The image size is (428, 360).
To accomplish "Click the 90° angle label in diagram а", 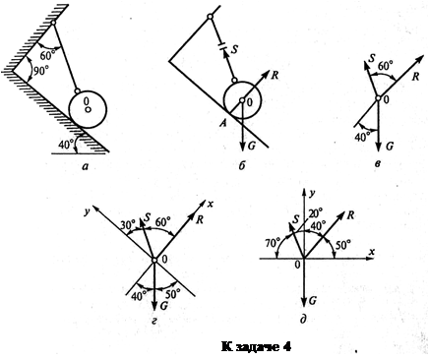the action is [41, 72].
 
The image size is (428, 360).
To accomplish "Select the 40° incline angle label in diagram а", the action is [66, 144].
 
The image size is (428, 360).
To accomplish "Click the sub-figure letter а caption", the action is [87, 166].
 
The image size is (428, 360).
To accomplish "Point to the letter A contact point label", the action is [224, 124].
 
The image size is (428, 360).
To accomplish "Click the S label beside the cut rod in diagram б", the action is [234, 49].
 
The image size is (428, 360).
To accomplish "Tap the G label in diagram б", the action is [252, 146].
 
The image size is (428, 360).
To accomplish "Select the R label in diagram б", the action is [275, 75].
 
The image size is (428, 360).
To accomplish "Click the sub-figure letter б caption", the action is [242, 165].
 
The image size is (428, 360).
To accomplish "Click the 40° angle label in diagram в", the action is [363, 137].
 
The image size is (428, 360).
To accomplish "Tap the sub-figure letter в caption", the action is [378, 163].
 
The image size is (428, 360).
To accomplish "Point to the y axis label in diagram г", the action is [87, 212].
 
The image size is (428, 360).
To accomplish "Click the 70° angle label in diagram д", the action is [273, 244].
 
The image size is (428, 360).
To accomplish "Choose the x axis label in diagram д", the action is [372, 252].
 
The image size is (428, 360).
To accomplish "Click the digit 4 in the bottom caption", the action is [286, 346].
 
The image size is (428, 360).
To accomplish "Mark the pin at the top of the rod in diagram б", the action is [210, 16].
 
